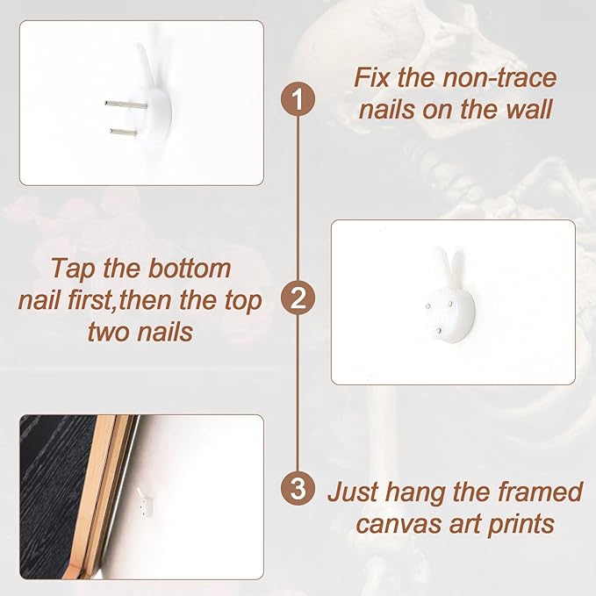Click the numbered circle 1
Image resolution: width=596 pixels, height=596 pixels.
coord(298,99)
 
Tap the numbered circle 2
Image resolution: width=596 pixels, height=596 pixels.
coord(298,298)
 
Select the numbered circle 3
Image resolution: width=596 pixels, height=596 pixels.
coord(298,488)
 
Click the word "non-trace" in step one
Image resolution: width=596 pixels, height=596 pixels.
coord(499,77)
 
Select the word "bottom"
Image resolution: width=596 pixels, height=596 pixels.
coord(190,269)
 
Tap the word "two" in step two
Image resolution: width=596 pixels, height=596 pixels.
coord(110,332)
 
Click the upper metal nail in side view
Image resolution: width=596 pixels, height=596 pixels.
coord(126,104)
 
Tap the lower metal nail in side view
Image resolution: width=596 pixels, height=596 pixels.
coord(124,133)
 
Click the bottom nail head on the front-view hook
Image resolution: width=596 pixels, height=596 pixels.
coord(440,332)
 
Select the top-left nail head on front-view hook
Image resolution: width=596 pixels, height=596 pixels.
coord(428,306)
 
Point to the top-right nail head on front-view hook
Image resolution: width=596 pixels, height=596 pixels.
coord(450,304)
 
